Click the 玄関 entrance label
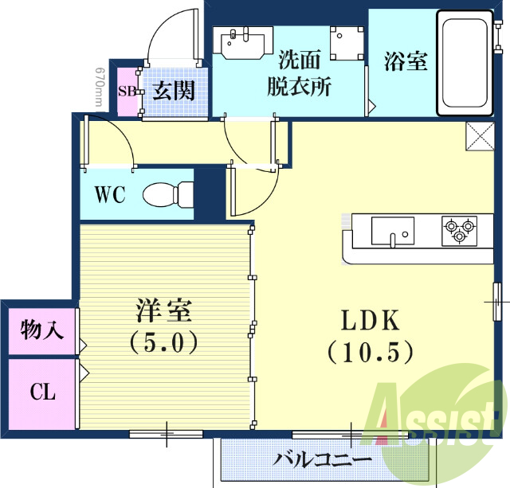pyautogui.click(x=173, y=90)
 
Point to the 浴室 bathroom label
pyautogui.click(x=405, y=62)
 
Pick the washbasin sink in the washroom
pyautogui.click(x=244, y=43)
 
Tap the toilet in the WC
pyautogui.click(x=168, y=193)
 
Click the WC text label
pyautogui.click(x=109, y=195)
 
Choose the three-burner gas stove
pyautogui.click(x=459, y=229)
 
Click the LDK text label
pyautogui.click(x=369, y=321)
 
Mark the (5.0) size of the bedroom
pyautogui.click(x=165, y=342)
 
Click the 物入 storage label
pyautogui.click(x=37, y=330)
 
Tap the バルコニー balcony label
pyautogui.click(x=322, y=460)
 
